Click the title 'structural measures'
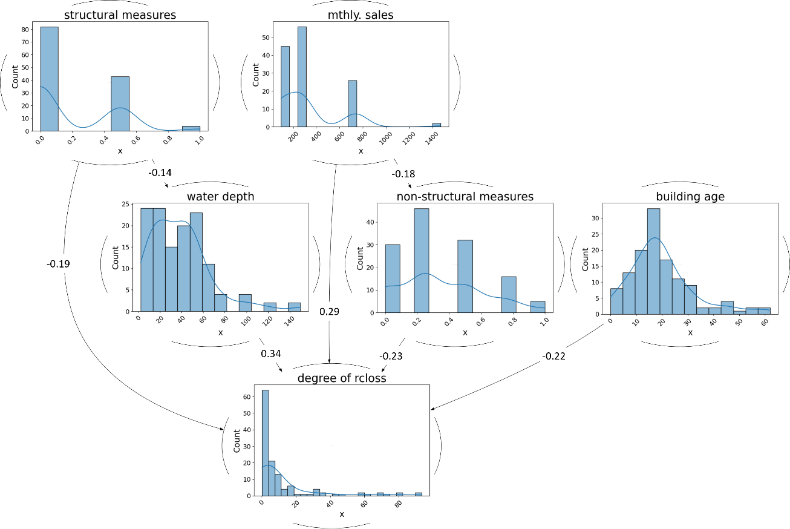tap(120, 15)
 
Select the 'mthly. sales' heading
tap(361, 15)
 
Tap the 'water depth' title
tap(220, 197)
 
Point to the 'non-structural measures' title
tap(465, 196)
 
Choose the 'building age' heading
tap(690, 197)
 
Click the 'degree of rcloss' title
tap(342, 378)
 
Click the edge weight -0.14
tap(160, 172)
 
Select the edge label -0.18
tap(403, 174)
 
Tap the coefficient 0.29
tap(329, 312)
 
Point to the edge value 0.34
tap(271, 353)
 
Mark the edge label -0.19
tap(58, 264)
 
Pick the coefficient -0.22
tap(553, 356)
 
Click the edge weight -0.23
tap(391, 356)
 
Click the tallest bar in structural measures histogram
tap(50, 79)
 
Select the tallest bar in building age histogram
tap(653, 261)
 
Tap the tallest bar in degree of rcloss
tap(265, 443)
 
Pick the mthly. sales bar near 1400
tap(436, 125)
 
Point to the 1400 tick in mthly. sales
tap(432, 138)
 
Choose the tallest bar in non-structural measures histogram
tap(422, 260)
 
